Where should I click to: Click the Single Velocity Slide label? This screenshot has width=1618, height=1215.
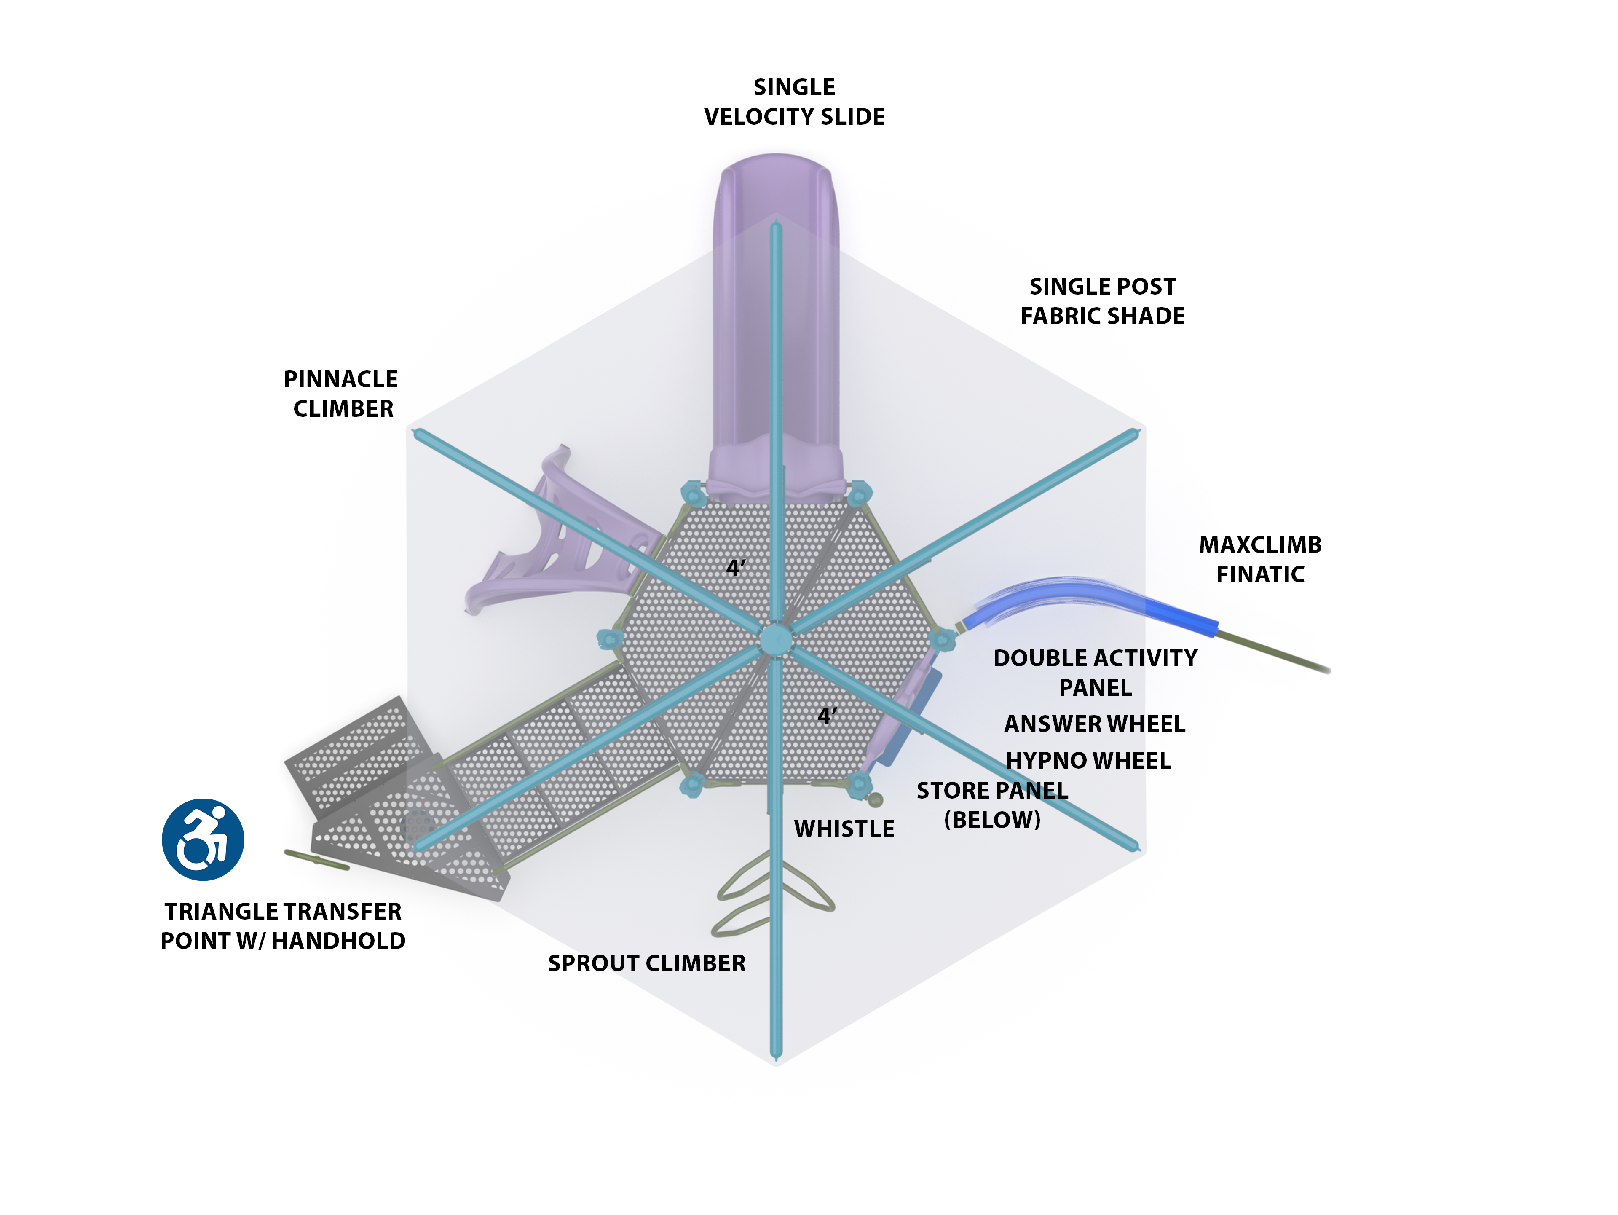click(794, 102)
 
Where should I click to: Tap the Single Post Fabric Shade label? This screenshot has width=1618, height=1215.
click(1102, 300)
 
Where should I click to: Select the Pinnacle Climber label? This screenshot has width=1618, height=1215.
click(342, 394)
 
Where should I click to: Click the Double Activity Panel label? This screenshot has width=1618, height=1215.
click(1095, 672)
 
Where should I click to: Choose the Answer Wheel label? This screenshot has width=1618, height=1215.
click(1094, 724)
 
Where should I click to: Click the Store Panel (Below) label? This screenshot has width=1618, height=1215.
click(992, 805)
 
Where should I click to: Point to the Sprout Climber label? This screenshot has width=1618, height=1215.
click(647, 963)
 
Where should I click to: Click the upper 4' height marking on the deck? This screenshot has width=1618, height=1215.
click(735, 568)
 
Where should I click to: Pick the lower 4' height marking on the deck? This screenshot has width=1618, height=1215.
click(827, 716)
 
